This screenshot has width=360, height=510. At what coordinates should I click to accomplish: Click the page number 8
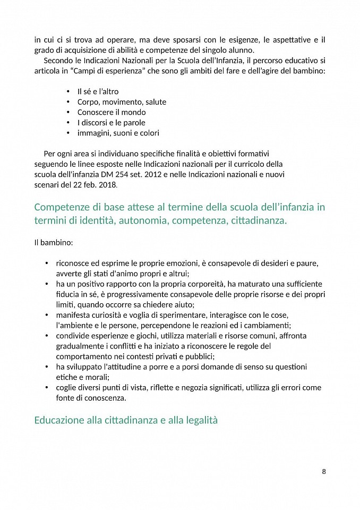323,471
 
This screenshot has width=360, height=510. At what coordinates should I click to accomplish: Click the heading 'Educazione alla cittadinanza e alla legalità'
126,420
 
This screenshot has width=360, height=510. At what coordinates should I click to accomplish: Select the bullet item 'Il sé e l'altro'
98,91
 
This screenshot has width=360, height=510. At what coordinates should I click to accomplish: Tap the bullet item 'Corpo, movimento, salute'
122,101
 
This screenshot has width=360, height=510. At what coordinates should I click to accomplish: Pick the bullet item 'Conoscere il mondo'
112,112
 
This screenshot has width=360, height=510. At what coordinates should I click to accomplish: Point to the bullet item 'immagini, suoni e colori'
118,133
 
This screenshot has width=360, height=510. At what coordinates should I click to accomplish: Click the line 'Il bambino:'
54,243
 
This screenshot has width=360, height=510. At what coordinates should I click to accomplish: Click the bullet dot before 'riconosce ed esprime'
47,263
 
